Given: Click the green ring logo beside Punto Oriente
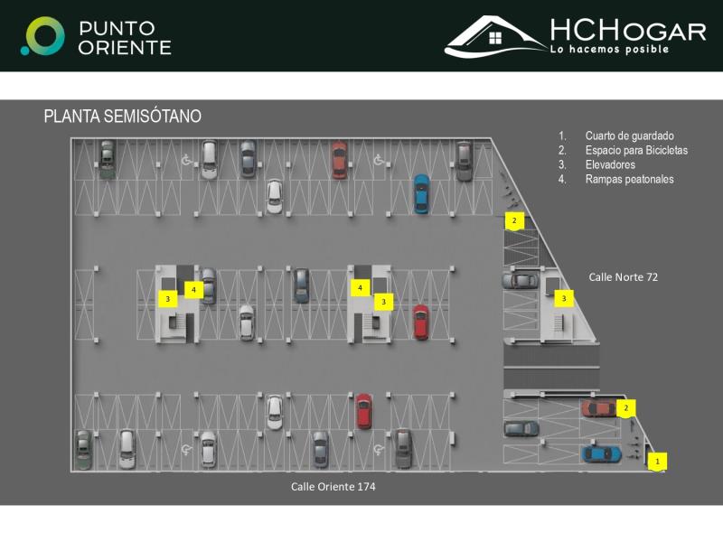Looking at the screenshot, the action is pos(42,36).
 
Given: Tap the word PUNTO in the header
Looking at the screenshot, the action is pos(117,28).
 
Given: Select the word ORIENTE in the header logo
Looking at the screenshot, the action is pos(124,47).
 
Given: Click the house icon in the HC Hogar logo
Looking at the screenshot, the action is pos(495,38).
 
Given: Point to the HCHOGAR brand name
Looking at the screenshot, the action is pos(627,31).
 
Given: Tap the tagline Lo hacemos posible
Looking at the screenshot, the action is pos(609,49).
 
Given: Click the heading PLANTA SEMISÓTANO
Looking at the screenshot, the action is pos(122,117).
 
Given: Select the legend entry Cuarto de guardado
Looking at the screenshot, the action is pos(629,135).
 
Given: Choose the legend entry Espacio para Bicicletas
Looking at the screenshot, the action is pos(636,150).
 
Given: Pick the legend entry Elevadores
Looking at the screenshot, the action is pos(610,164).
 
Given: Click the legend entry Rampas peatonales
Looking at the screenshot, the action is pos(629,179).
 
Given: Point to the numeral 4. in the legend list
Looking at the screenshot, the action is pos(562,179).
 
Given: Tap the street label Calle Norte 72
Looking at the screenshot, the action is pos(623,277).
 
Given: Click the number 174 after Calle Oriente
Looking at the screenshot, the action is pos(364,487).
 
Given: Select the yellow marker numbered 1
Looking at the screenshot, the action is pos(658,461).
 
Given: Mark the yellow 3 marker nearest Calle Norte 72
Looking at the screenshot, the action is pos(564,297).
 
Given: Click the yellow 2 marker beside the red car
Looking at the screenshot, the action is pos(626,408).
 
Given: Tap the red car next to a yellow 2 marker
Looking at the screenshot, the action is pos(598,408).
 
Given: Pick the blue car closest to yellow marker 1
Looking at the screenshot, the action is pos(601,453).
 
